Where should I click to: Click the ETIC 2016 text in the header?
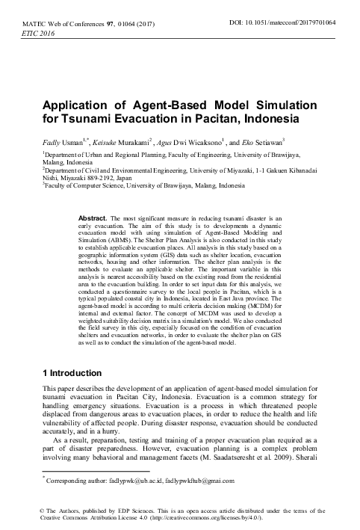click(34, 35)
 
